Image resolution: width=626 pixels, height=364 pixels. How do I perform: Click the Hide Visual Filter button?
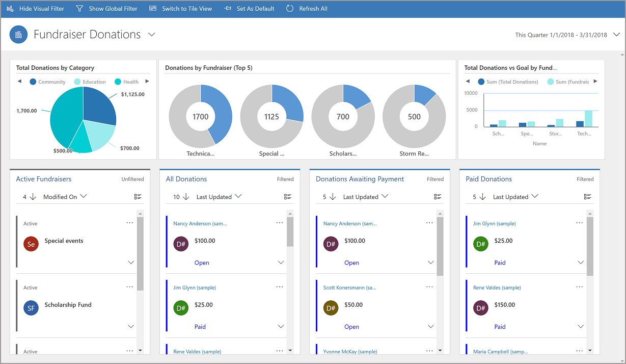[35, 9]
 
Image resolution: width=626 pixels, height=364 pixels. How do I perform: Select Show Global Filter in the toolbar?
[106, 9]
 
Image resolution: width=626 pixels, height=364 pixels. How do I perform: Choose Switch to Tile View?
[181, 9]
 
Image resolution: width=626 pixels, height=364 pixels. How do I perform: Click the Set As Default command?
[250, 9]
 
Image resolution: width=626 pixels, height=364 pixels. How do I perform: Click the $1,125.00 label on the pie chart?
[132, 94]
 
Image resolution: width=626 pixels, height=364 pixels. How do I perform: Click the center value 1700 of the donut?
[200, 117]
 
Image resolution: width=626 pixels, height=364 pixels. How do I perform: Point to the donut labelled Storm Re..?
[414, 117]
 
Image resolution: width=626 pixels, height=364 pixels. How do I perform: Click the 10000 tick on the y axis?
[471, 93]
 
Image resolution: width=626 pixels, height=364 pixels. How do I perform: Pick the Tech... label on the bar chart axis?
[584, 134]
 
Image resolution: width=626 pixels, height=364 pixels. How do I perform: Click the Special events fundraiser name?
[64, 241]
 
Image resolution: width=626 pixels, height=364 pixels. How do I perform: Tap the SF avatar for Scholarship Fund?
[31, 308]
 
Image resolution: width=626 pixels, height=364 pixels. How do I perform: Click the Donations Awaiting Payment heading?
[360, 179]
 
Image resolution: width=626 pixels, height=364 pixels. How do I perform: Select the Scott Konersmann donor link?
[349, 288]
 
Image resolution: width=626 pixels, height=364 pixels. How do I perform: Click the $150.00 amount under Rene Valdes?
[504, 305]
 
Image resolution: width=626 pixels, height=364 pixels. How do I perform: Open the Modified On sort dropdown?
[65, 197]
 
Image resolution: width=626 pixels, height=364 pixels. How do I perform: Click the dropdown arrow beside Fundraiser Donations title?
[151, 34]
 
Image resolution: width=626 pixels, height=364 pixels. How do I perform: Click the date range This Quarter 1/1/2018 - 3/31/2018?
[561, 35]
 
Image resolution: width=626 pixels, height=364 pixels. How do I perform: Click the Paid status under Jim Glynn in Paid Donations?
[500, 263]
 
